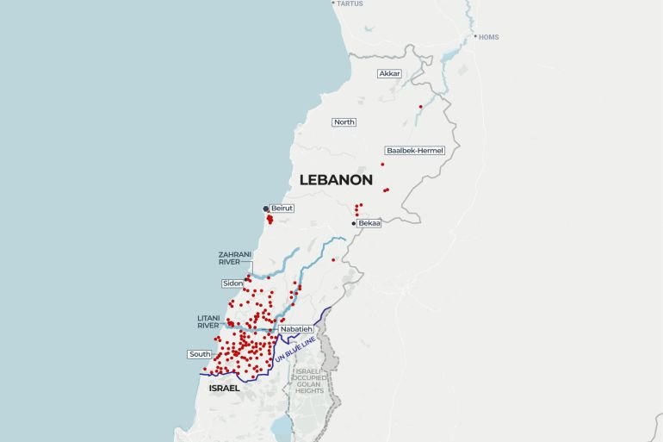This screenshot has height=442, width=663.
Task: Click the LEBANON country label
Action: coord(336,180)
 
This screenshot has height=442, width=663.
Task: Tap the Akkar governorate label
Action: coord(389,73)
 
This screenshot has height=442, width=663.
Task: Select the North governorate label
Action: coord(344,122)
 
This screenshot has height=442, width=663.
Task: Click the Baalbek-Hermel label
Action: coord(415,150)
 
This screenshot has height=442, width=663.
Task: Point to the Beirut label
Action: coord(282,209)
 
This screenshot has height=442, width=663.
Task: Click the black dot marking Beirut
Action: coord(265,209)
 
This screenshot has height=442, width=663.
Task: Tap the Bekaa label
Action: coord(369,223)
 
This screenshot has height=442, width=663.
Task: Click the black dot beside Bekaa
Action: coord(353,223)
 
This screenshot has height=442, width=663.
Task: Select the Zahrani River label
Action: coord(235,258)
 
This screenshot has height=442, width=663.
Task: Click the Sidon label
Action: coord(232,283)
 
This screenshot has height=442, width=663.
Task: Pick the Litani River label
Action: coord(208,321)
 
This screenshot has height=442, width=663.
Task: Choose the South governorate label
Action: coord(199,354)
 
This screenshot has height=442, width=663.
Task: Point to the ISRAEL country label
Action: coord(224,389)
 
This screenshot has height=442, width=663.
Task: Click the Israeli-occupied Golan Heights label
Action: coord(309,381)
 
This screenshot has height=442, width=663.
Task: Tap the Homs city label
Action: coord(489,37)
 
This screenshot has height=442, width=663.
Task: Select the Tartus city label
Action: coord(350,3)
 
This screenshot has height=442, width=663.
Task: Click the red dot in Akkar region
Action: coord(420,107)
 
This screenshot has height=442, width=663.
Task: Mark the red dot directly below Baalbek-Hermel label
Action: coord(382,164)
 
